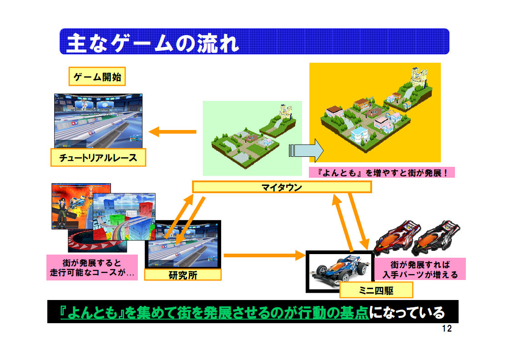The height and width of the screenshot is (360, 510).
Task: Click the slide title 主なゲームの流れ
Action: [152, 43]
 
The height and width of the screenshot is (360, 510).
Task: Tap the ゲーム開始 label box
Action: [97, 76]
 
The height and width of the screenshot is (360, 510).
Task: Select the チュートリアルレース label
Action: [98, 158]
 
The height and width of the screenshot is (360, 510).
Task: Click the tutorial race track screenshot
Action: [98, 121]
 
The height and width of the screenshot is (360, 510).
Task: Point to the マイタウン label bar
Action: [282, 187]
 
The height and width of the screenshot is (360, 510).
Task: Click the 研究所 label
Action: [183, 275]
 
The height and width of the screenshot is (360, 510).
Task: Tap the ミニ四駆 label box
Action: [376, 290]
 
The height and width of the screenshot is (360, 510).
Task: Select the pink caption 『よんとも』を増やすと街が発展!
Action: [382, 173]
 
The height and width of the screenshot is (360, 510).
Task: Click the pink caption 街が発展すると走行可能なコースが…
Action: [92, 267]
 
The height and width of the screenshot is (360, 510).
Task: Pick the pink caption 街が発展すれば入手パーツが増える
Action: [420, 269]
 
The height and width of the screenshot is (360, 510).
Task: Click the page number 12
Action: [447, 329]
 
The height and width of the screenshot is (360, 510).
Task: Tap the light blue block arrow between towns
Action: [306, 150]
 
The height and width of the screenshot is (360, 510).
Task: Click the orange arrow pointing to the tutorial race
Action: [172, 132]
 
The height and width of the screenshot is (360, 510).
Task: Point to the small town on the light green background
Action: [253, 136]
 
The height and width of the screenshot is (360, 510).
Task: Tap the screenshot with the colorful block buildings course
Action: [124, 217]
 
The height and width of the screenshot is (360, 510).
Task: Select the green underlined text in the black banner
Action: [215, 312]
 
